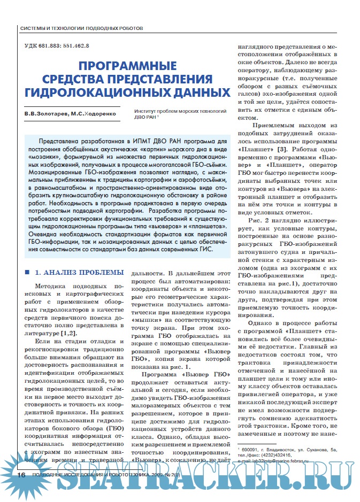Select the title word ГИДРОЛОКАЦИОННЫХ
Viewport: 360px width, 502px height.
point(127,92)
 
